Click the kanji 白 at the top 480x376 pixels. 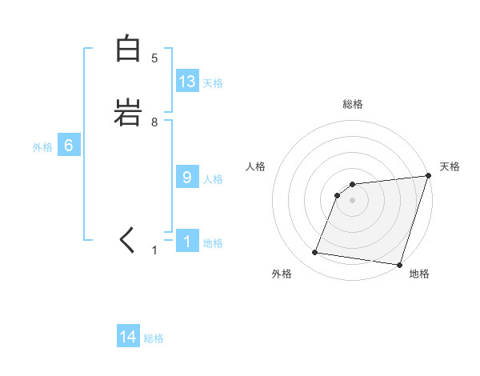[128, 49]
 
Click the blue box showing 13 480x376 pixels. [187, 82]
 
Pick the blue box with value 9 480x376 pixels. [187, 178]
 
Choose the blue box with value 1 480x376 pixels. [187, 242]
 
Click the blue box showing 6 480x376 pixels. [69, 146]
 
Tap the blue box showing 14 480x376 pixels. [128, 337]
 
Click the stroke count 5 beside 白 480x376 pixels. [154, 58]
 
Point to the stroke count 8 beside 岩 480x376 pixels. [154, 122]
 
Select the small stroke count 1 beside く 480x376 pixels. [154, 250]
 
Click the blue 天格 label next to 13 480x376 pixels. [213, 82]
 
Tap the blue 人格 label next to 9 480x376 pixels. [213, 178]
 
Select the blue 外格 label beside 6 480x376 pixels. [42, 146]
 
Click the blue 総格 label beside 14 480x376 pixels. [154, 338]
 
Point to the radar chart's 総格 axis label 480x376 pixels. [353, 104]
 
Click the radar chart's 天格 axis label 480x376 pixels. [450, 166]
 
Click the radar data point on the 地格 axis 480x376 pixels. [399, 265]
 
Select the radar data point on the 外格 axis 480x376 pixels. [315, 253]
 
